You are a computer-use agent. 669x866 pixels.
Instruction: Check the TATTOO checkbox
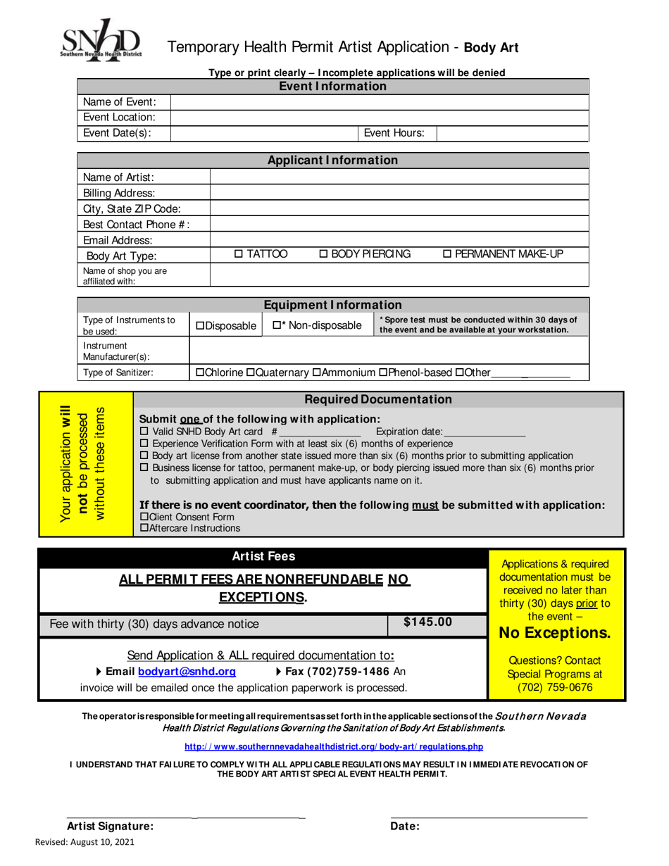click(238, 254)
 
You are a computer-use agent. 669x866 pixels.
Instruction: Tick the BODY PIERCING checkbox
click(324, 254)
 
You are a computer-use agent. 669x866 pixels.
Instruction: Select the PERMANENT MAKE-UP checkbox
click(448, 254)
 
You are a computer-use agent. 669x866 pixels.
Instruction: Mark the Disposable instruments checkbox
click(200, 326)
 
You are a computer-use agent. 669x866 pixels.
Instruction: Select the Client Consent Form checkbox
click(145, 517)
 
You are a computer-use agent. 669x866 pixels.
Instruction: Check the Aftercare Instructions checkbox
click(145, 528)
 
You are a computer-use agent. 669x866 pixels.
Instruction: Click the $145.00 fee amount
click(427, 622)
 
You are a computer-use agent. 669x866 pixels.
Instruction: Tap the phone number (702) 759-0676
click(555, 686)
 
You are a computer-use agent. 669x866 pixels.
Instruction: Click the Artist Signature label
click(110, 827)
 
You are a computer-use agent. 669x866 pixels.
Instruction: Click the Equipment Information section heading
click(332, 305)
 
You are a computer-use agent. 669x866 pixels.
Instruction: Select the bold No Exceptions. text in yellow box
click(554, 633)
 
